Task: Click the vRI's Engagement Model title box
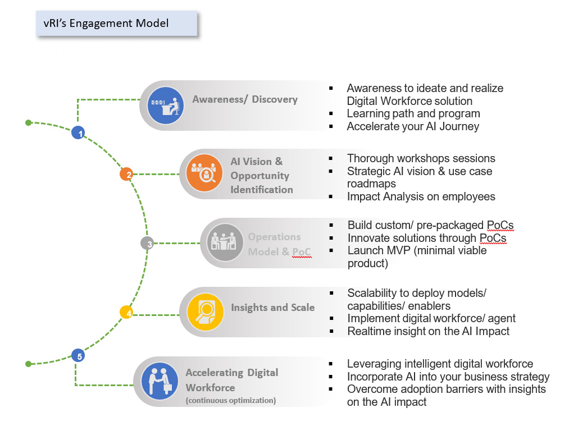tap(117, 24)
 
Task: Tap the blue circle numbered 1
tap(79, 133)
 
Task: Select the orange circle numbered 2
tap(126, 175)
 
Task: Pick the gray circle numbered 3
tap(147, 244)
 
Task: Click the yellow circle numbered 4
tap(126, 313)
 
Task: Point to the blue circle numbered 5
tap(79, 356)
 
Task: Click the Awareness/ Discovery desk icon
tap(166, 106)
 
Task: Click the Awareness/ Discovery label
tap(245, 100)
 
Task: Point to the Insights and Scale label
tap(272, 308)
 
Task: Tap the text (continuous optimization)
tap(230, 401)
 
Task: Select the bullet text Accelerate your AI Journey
tap(413, 126)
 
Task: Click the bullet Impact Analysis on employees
tap(421, 196)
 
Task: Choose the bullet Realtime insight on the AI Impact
tap(428, 331)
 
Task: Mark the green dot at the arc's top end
tap(29, 122)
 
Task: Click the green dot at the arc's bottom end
tap(29, 364)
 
